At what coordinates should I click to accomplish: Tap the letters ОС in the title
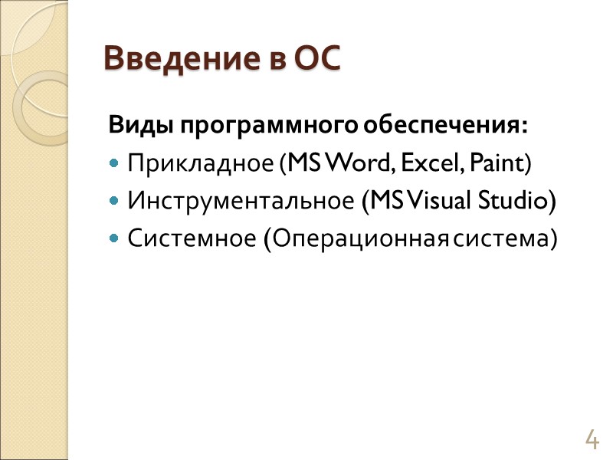[315, 58]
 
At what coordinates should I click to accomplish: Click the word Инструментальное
[241, 201]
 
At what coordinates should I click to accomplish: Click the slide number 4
[591, 440]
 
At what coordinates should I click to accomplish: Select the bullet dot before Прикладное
[114, 164]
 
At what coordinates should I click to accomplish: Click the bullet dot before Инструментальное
[114, 202]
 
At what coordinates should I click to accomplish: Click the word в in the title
[275, 60]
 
